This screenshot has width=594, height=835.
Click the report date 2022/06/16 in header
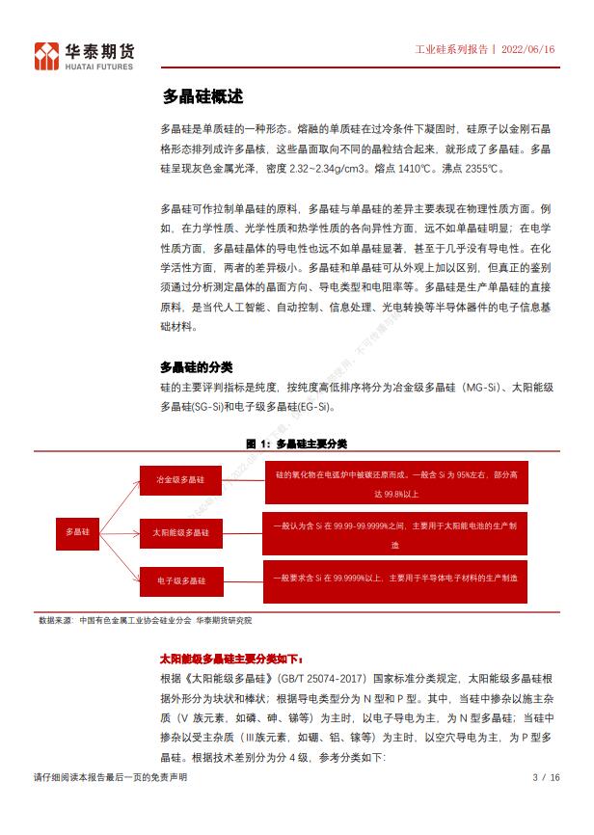point(529,50)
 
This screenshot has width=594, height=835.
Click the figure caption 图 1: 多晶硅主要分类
point(296,444)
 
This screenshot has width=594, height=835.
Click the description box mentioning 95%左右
point(396,483)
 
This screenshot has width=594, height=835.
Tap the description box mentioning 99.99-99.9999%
point(396,534)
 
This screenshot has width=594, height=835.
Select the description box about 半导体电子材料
point(396,578)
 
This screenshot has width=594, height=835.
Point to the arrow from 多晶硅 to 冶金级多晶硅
point(121,503)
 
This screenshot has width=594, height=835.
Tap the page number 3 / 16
point(546,777)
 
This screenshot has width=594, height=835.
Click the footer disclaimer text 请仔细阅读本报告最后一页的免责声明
point(111,777)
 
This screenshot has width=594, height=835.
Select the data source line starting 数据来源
point(151,620)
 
